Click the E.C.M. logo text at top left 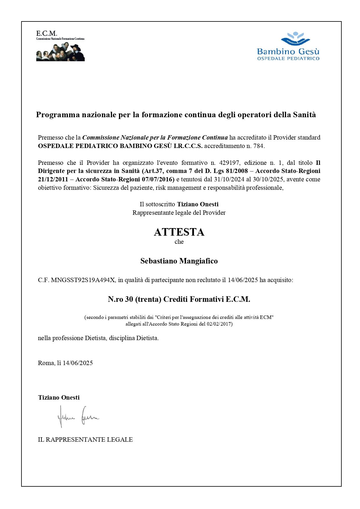(46, 33)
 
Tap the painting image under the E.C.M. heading (60, 52)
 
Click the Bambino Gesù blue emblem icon (295, 39)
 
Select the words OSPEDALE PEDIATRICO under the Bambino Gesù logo (288, 58)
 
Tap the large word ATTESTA (179, 232)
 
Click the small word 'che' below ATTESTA (179, 242)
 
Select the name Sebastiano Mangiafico (179, 261)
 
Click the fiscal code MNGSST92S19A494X (83, 280)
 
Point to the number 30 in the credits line (129, 299)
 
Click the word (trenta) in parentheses (148, 299)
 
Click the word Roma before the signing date (46, 363)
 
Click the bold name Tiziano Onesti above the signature (59, 398)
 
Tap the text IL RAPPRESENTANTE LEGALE (85, 440)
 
